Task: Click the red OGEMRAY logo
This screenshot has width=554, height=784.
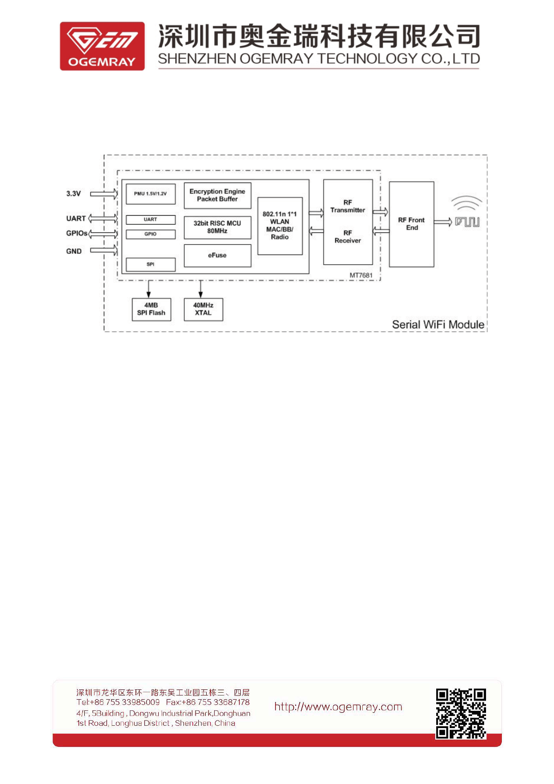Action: pos(102,46)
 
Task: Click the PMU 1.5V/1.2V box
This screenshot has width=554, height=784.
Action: pos(150,194)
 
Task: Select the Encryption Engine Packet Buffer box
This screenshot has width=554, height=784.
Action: pos(217,195)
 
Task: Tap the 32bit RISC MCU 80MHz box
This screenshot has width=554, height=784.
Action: pos(217,227)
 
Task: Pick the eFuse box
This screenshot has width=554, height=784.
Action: pos(217,256)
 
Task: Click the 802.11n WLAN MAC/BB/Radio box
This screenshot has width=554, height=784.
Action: pos(280,226)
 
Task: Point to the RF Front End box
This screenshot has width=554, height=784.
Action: pos(412,224)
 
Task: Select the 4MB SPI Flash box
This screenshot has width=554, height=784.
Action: pos(151,309)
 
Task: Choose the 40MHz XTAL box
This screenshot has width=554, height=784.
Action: pos(203,309)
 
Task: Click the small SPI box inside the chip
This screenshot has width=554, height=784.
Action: pos(150,264)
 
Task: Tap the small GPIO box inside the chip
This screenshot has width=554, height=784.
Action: pos(150,234)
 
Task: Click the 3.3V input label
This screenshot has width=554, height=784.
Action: pos(74,194)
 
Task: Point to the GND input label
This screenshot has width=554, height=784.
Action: pos(74,251)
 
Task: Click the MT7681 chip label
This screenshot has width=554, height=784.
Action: pos(361,275)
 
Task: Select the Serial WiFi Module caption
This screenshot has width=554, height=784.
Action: pos(438,325)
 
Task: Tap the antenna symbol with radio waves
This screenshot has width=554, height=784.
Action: pos(467,212)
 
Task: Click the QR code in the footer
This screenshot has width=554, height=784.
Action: pos(461,713)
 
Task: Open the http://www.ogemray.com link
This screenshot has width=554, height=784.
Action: pos(338,707)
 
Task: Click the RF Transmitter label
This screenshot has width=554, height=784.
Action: pos(348,206)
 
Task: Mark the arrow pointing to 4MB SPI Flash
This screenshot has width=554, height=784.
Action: pos(149,289)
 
